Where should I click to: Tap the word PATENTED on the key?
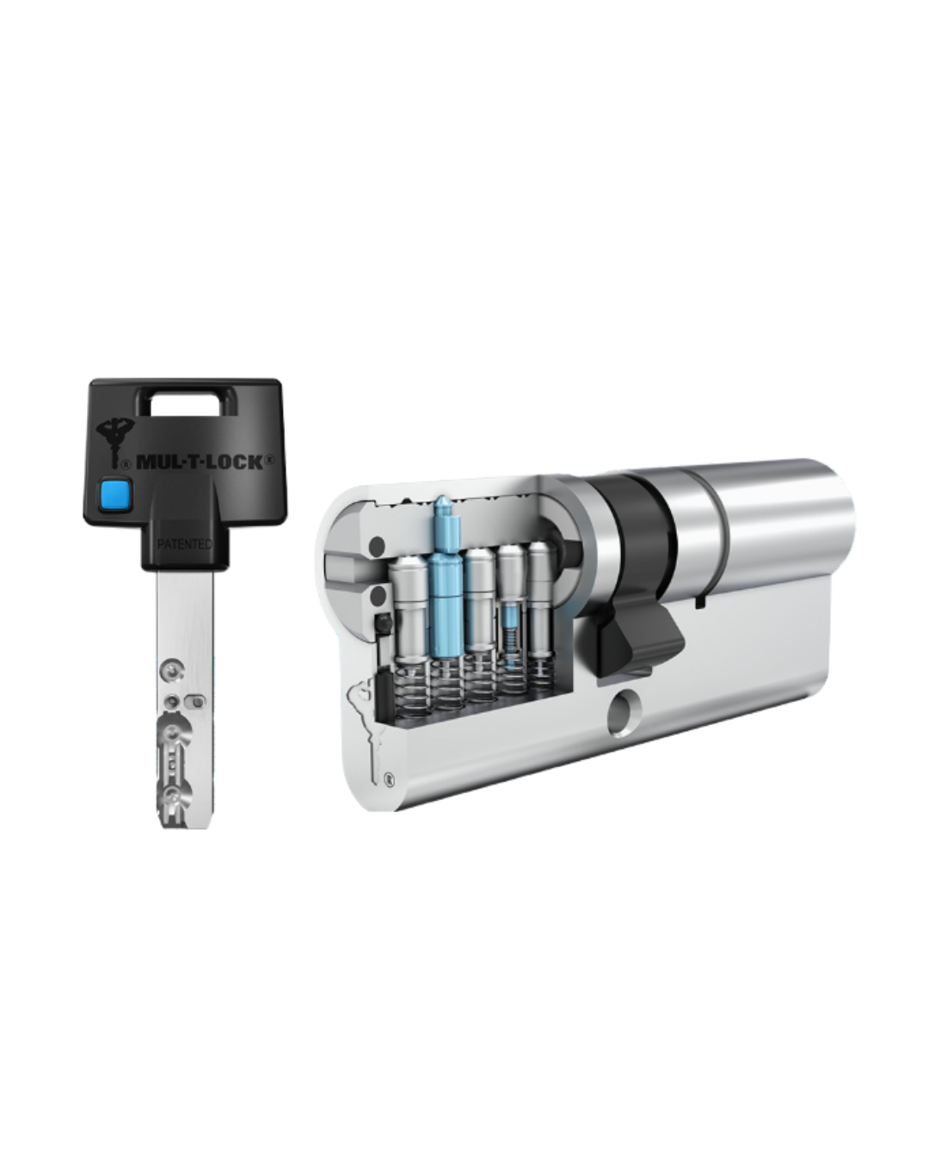(x=184, y=544)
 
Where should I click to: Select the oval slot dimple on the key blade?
(x=196, y=702)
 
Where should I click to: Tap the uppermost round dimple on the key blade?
(x=173, y=670)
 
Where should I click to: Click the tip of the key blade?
(x=185, y=827)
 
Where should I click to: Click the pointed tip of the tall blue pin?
(x=441, y=497)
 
